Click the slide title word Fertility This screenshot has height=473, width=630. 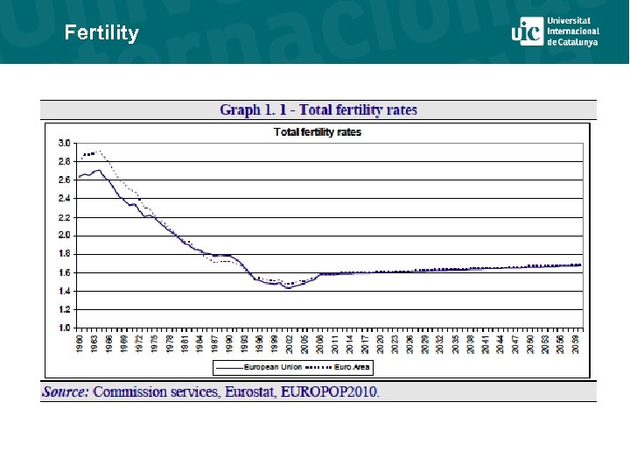[101, 33]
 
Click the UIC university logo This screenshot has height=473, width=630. [555, 32]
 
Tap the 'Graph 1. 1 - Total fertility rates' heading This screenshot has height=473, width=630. [318, 109]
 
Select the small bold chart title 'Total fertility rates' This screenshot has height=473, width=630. [318, 132]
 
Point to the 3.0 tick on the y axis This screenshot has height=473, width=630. [64, 143]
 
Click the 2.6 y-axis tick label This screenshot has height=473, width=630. [64, 180]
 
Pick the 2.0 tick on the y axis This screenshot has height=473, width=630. [64, 235]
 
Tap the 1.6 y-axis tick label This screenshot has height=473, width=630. [64, 272]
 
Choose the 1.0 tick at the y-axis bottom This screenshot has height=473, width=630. [64, 328]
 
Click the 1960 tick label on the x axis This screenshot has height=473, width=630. [80, 342]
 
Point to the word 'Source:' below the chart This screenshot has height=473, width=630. [66, 392]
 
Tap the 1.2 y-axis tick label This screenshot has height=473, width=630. [64, 309]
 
